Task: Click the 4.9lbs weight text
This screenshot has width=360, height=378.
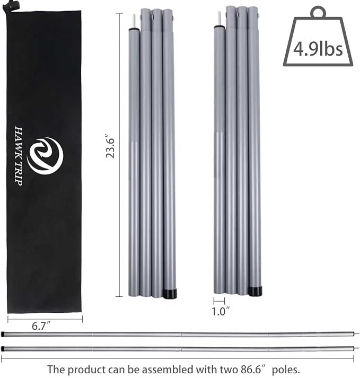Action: (318, 49)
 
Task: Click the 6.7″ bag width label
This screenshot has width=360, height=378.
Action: (41, 326)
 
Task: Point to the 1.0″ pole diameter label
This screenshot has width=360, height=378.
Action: (221, 311)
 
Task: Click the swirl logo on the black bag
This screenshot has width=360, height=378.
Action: (45, 156)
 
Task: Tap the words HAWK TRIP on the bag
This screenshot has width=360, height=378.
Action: (19, 156)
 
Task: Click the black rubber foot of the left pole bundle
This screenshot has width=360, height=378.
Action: (170, 293)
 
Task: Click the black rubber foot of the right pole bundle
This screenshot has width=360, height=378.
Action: (255, 291)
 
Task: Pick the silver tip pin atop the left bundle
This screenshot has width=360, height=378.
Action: (134, 21)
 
